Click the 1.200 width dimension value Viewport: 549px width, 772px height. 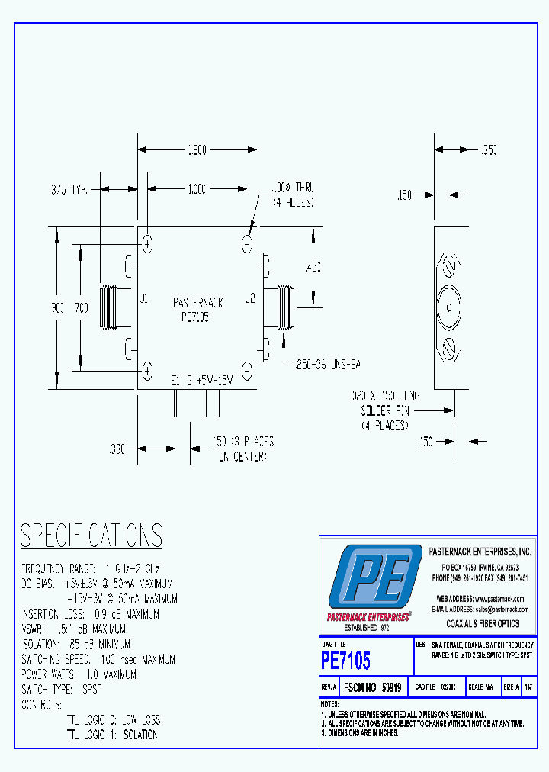197,150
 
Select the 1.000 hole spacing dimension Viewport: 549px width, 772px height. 197,188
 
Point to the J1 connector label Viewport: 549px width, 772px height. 143,298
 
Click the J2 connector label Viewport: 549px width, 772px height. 249,298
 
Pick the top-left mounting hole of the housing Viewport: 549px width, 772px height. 148,244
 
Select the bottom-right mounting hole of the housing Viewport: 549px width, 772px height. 247,370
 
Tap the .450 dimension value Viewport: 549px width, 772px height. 312,266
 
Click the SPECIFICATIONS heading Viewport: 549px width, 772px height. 91,536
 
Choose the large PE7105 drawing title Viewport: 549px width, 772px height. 345,658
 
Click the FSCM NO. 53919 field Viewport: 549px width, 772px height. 373,687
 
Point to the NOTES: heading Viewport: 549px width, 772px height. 329,703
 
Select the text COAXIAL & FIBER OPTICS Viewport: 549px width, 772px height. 482,623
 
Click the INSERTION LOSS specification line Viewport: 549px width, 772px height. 90,614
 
